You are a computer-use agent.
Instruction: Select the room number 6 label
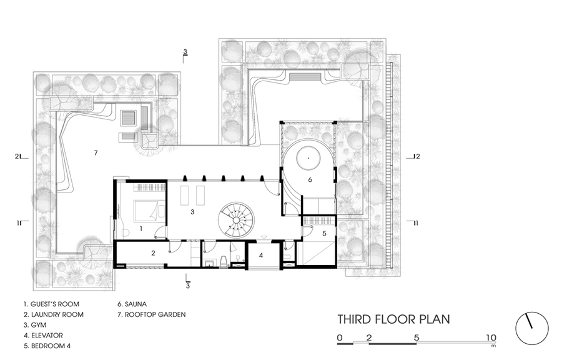(x=310, y=179)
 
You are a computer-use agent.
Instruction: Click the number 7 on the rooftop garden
(x=96, y=152)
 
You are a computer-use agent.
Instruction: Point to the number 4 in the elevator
(x=261, y=255)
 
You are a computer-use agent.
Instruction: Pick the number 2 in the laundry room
(x=153, y=253)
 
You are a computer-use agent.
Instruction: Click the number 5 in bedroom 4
(x=324, y=233)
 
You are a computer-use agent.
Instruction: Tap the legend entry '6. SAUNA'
(x=132, y=304)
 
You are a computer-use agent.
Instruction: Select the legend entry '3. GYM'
(x=35, y=325)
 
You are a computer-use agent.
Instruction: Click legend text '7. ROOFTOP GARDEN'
(x=152, y=314)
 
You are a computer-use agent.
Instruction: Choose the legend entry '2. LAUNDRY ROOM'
(x=54, y=314)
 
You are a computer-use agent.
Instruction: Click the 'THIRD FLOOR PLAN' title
(x=394, y=319)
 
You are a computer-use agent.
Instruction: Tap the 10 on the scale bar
(x=491, y=337)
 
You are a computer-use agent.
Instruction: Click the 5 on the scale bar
(x=416, y=337)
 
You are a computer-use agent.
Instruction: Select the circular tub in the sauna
(x=308, y=158)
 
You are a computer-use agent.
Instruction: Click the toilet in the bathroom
(x=224, y=261)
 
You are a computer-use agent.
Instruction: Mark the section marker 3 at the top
(x=185, y=52)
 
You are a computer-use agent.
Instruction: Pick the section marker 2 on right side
(x=417, y=156)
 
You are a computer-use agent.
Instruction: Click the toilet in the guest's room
(x=124, y=233)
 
